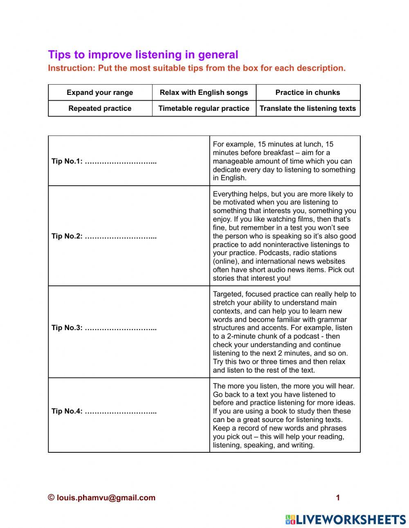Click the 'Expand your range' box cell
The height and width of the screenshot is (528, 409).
coord(100,92)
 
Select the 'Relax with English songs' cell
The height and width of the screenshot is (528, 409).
coord(204,92)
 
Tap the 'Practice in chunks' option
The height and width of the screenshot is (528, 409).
coord(308,92)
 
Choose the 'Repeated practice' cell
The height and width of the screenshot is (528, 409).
coord(100,108)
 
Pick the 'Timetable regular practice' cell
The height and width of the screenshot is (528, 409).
coord(204,108)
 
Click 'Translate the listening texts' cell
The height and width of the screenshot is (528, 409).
coord(308,108)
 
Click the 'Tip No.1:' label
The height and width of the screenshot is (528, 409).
coord(67,161)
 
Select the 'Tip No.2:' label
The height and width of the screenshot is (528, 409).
coord(67,236)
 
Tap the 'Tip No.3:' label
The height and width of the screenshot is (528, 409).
coord(67,328)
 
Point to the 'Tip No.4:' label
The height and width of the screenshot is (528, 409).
coord(67,411)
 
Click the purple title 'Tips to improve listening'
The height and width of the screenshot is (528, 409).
coord(143,55)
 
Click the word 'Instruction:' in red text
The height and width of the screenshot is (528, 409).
coord(72,68)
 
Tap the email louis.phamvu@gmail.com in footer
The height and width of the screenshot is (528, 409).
coord(106,498)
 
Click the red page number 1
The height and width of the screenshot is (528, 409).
coord(338,498)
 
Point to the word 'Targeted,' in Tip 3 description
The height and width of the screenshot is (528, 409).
coord(227,294)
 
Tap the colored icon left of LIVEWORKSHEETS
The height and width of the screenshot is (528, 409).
coord(290,519)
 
